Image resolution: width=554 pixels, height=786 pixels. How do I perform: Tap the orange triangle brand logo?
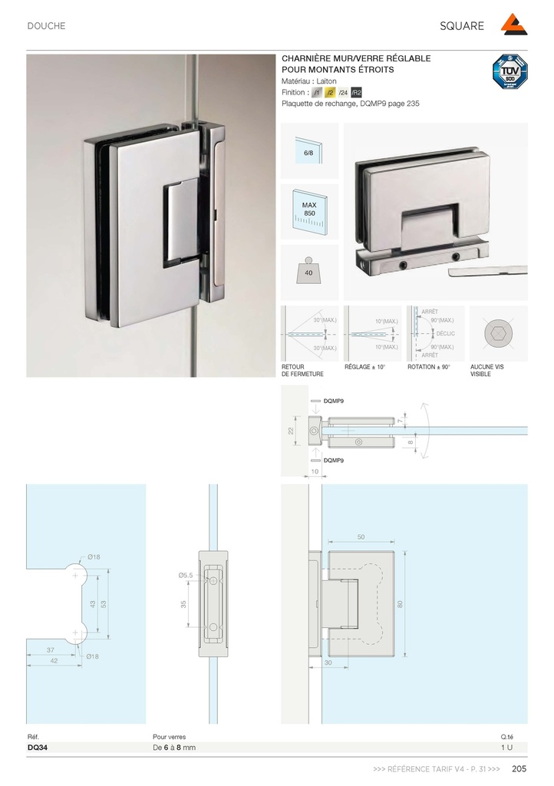(513, 25)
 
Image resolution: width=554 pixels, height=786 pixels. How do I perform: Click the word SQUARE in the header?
(462, 26)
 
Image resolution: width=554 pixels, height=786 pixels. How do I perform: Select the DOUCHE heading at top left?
(47, 26)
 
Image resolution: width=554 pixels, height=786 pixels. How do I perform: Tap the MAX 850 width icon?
(309, 211)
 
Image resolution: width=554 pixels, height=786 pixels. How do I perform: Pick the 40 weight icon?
(309, 272)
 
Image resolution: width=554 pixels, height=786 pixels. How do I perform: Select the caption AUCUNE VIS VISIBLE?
(486, 371)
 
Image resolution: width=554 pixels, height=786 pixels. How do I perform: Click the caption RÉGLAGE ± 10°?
(364, 368)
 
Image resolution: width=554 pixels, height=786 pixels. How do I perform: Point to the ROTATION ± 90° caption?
(429, 368)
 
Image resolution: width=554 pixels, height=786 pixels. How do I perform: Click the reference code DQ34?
(38, 747)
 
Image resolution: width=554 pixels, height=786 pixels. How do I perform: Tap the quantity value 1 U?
(506, 747)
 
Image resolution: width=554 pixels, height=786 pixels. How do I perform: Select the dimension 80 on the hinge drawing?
(400, 604)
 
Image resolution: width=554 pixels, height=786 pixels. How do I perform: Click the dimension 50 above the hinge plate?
(361, 537)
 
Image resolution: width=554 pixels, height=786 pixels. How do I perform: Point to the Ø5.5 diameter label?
(186, 575)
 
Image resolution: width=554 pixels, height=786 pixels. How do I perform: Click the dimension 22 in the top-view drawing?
(291, 431)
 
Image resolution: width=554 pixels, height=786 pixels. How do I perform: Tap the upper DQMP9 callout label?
(334, 401)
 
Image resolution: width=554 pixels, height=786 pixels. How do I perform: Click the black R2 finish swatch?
(356, 92)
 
